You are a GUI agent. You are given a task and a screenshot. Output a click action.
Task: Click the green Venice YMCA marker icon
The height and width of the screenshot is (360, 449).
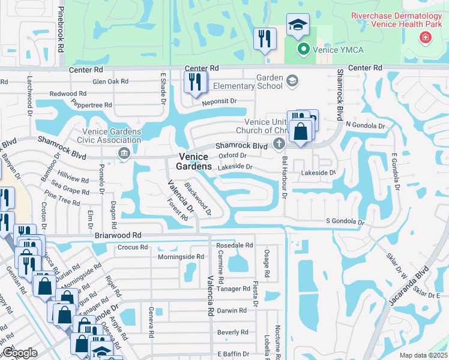pos(304,50)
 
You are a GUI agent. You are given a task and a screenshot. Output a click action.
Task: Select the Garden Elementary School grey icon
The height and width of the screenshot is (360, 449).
pos(292,81)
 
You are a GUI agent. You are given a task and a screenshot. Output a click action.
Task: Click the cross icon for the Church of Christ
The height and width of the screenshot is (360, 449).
pos(278,143)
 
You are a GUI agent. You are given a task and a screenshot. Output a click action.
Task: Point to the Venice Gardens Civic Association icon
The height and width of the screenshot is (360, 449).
pos(124,153)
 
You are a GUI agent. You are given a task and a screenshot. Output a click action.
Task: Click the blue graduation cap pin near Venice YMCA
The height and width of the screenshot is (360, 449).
pos(297,25)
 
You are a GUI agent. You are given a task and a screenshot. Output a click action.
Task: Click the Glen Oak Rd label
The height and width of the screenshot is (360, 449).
pos(110,82)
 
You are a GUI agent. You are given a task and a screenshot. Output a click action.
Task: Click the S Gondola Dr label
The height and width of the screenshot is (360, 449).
pos(345,221)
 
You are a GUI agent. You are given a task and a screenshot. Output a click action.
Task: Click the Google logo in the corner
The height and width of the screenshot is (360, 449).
pos(20,353)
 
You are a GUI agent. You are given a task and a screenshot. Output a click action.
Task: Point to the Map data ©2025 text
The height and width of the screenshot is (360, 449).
pos(423,355)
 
